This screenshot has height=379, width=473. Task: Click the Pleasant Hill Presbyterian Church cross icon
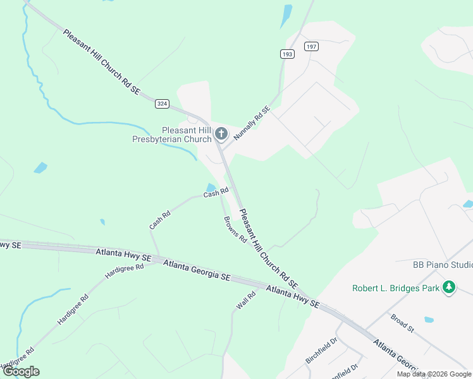(221, 133)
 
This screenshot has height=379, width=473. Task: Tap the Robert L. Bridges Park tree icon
(449, 287)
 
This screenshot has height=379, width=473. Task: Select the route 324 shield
(163, 103)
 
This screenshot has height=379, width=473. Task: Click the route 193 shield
(288, 55)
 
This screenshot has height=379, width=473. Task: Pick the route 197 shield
(310, 47)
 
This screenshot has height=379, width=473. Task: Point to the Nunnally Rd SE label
(252, 123)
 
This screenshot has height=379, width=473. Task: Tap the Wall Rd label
(246, 299)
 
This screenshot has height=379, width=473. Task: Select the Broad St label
(402, 323)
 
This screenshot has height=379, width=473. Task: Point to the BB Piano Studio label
(442, 265)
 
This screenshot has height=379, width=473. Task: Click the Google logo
(21, 371)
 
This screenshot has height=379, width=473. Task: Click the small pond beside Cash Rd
(210, 187)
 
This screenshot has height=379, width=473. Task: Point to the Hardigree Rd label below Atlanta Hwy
(124, 270)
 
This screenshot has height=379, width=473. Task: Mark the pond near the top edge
(286, 14)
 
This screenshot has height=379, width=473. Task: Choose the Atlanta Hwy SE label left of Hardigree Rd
(123, 255)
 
